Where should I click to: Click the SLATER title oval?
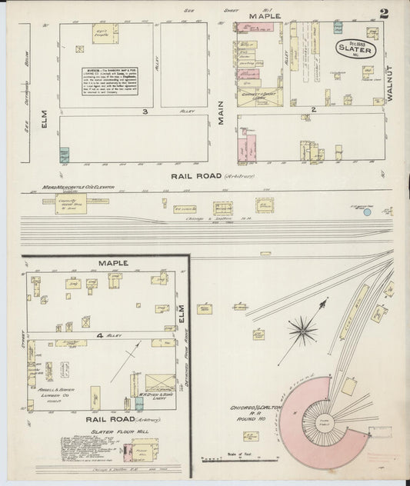coord(356,48)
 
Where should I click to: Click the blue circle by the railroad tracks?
coord(367,211)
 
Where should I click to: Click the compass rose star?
coord(301,331)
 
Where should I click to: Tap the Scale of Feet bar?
coord(231,459)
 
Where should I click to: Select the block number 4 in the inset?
coord(100,336)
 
